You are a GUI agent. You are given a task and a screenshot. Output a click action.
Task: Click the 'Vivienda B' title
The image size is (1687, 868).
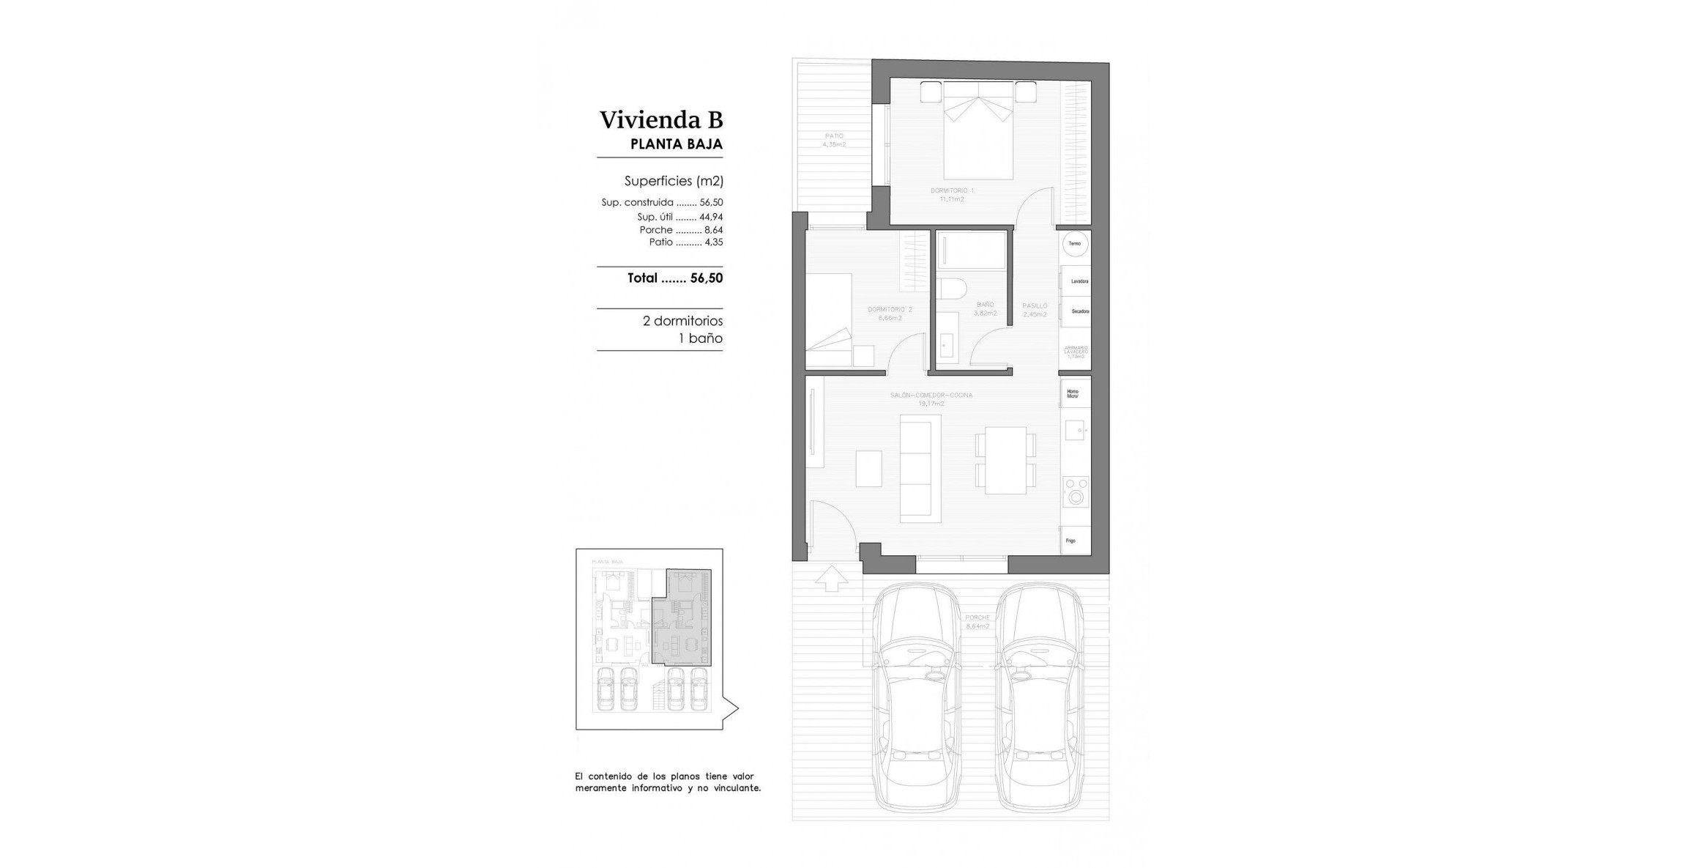661,119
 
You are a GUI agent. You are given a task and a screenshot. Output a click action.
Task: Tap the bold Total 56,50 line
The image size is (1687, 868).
674,278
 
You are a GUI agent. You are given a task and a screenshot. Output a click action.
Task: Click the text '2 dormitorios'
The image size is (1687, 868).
682,321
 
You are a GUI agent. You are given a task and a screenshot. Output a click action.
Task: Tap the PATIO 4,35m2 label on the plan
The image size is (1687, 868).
833,140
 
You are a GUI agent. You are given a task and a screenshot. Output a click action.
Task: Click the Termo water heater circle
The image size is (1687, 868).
1075,244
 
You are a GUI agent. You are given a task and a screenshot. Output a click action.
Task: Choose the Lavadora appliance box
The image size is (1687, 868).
1076,281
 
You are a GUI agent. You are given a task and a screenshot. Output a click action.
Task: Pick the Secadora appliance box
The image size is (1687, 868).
1076,311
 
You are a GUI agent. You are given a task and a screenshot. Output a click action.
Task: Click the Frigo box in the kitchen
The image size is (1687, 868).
1075,540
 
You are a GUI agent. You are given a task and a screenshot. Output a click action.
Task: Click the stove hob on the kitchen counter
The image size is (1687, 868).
1076,492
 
